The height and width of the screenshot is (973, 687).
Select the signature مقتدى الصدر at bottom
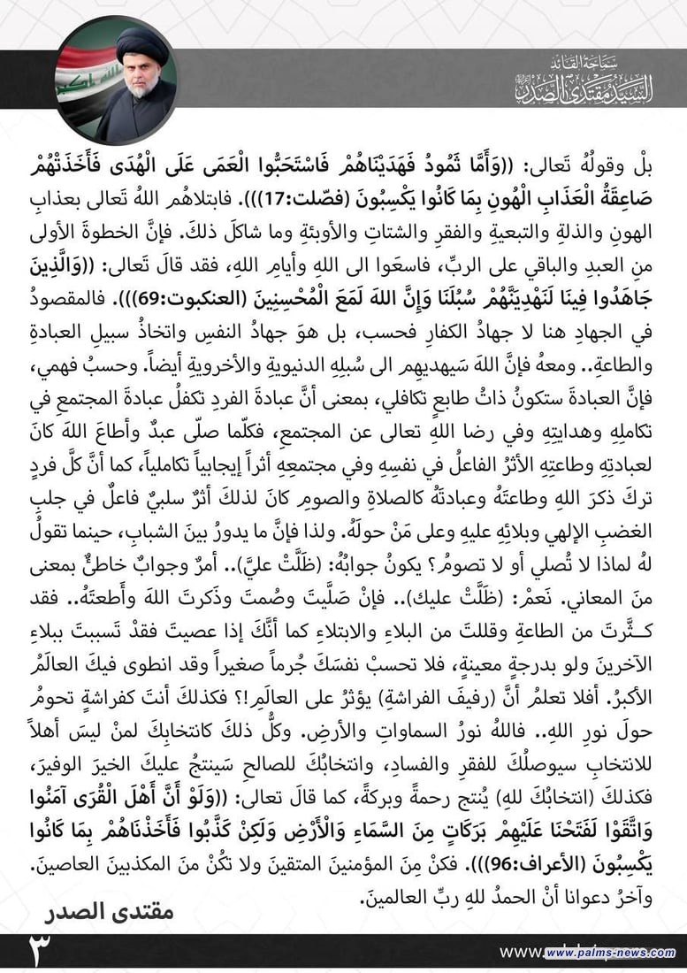(x=110, y=910)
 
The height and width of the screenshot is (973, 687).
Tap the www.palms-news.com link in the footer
(x=610, y=953)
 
